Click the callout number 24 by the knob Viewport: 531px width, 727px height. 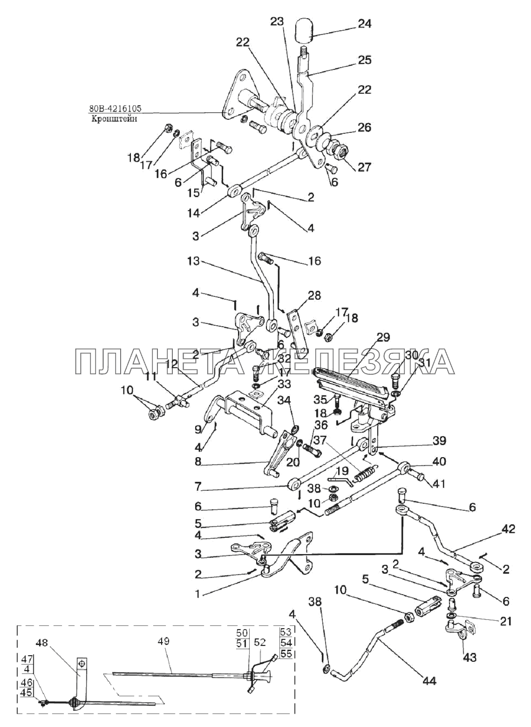[x=364, y=24]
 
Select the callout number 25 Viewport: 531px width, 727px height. [x=364, y=60]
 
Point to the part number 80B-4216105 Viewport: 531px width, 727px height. [x=115, y=109]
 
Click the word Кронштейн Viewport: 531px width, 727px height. [x=109, y=118]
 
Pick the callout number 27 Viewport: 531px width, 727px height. [x=364, y=167]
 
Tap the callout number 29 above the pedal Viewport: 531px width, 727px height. [x=384, y=337]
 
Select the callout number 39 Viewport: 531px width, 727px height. [x=439, y=440]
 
